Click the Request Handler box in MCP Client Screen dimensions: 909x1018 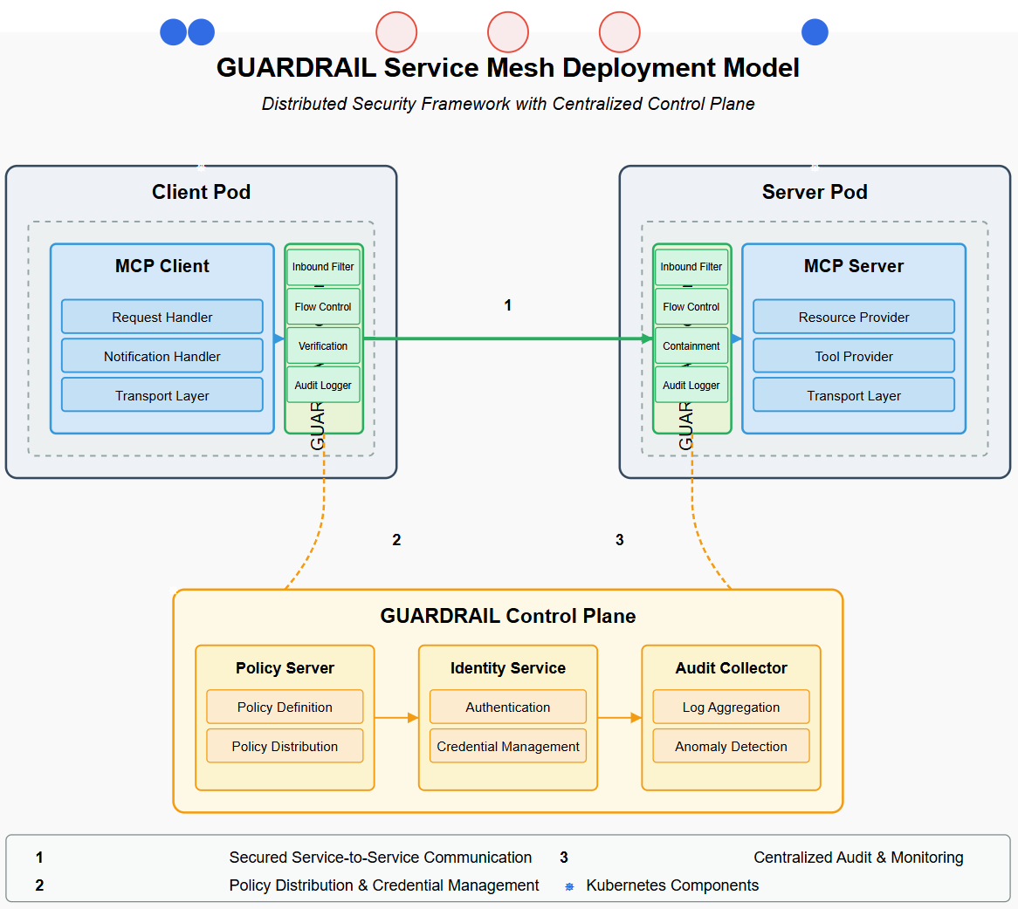click(x=162, y=317)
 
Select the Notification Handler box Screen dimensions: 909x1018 click(x=162, y=356)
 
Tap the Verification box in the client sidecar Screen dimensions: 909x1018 click(x=323, y=345)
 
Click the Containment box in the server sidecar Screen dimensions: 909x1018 click(x=691, y=345)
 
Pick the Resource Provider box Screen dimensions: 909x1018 click(x=853, y=317)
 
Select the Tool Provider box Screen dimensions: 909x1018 click(x=853, y=356)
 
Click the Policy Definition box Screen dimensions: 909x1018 click(x=285, y=707)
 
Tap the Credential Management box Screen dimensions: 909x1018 click(x=507, y=746)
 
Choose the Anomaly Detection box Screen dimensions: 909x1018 click(x=731, y=746)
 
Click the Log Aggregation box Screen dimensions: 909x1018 click(x=731, y=707)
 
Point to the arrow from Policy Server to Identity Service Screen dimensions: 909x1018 click(x=396, y=718)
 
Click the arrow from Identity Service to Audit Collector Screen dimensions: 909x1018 click(x=619, y=718)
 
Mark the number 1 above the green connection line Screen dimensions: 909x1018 click(x=507, y=305)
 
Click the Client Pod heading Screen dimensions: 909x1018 click(x=201, y=192)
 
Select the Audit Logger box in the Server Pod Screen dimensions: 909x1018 click(x=691, y=385)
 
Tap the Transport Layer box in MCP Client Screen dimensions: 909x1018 click(x=162, y=395)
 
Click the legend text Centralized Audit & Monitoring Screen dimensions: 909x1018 click(x=858, y=858)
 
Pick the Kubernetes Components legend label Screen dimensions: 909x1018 click(x=672, y=885)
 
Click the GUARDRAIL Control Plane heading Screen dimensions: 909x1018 click(x=507, y=616)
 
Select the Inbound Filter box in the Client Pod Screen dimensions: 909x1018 click(x=323, y=267)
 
